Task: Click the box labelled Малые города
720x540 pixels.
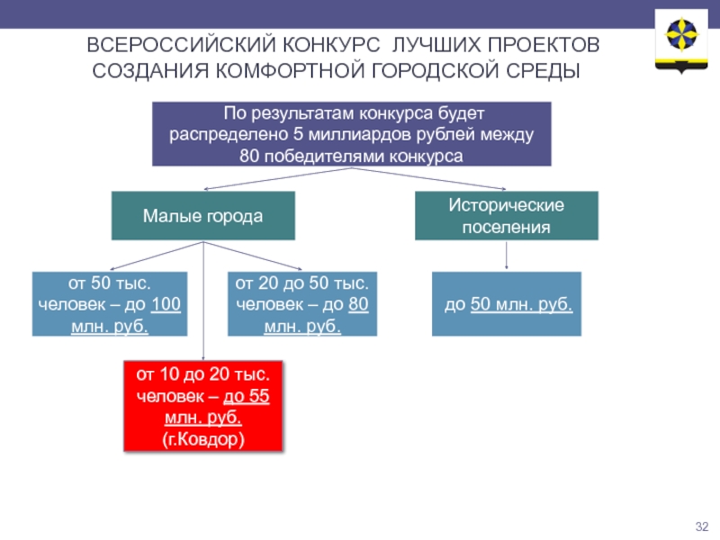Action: tap(202, 216)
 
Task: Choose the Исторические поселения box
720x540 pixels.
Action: tap(506, 216)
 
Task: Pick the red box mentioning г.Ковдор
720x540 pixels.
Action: tap(202, 407)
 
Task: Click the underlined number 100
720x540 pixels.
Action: tap(166, 304)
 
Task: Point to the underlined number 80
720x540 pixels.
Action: tap(358, 304)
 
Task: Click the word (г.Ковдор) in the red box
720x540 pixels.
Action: tap(202, 440)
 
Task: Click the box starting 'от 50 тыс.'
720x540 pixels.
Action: tap(110, 304)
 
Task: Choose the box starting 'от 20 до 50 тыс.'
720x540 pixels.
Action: tap(302, 304)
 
